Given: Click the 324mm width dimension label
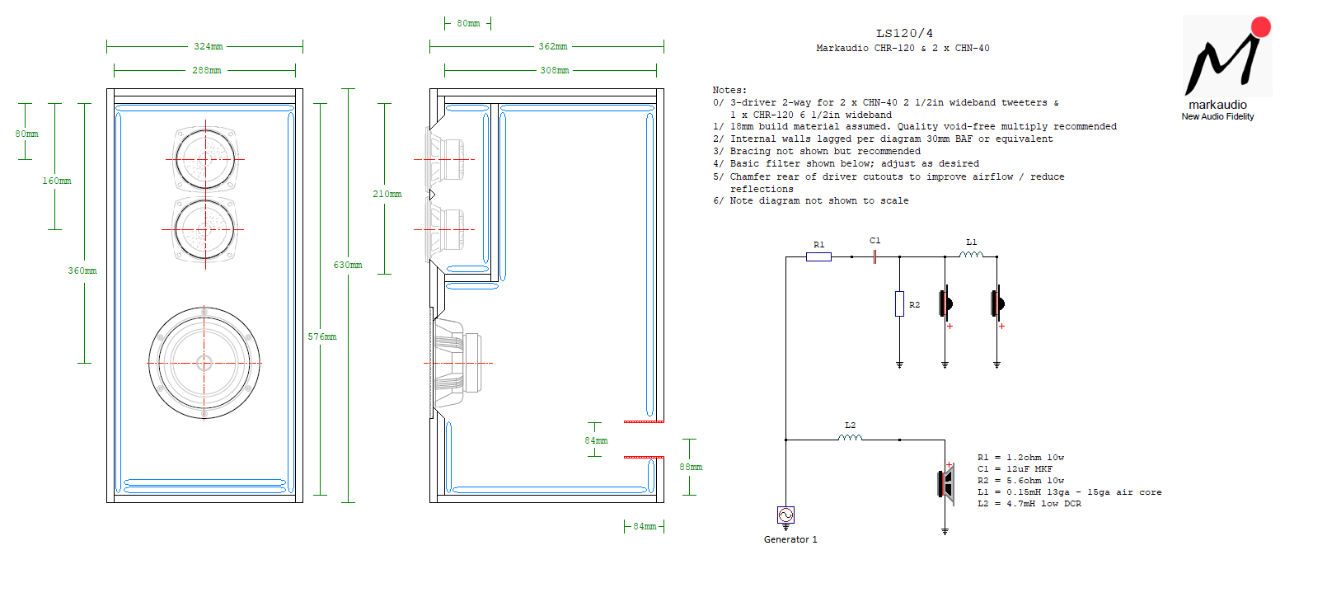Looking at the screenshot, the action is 209,46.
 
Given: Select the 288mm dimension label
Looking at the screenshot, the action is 207,70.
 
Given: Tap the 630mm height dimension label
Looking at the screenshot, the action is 348,265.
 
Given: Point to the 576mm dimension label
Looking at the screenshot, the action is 322,336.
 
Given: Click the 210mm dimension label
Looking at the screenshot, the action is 387,194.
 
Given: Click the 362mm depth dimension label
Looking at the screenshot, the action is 553,46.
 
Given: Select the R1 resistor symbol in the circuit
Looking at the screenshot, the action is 818,256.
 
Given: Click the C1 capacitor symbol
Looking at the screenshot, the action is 875,256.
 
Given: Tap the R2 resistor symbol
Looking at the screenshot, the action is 899,303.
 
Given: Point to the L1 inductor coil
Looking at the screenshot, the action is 971,254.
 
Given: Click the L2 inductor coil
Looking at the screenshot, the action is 850,437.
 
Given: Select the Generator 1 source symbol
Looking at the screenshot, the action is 786,515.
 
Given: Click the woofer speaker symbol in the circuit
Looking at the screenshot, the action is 947,485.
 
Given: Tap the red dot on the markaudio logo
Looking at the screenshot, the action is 1261,27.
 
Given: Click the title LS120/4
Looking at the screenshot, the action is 905,33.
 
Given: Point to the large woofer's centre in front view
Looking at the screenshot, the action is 204,363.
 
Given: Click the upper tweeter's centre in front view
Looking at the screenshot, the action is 205,159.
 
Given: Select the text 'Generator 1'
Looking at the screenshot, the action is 790,539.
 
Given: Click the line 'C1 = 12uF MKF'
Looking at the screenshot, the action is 1015,468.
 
